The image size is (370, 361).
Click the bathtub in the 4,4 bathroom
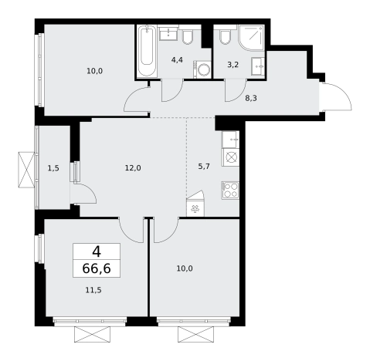146,51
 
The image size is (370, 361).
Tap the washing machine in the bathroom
202,69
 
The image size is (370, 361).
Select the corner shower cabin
252,38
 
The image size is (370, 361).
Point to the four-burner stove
230,191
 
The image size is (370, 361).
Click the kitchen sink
230,140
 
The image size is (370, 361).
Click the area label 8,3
251,98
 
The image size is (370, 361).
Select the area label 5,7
204,167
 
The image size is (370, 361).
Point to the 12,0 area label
133,168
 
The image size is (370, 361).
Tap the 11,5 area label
93,290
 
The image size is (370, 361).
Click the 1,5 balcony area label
53,168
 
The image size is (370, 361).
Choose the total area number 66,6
97,268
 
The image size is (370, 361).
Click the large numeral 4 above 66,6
97,252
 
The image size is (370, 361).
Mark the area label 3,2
233,65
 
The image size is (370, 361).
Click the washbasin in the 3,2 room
258,67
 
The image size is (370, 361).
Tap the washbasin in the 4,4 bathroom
168,33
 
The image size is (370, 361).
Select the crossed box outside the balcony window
26,170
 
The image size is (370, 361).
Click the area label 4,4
177,60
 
